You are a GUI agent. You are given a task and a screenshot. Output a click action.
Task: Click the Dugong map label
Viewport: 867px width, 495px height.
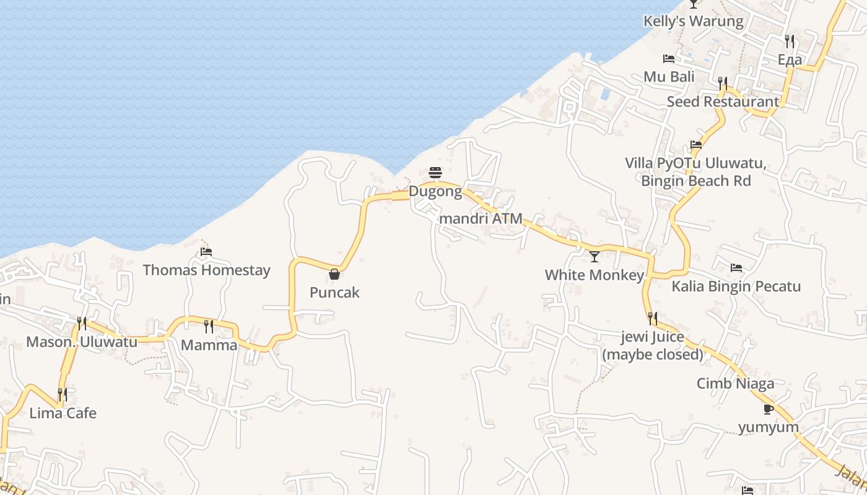pyautogui.click(x=435, y=192)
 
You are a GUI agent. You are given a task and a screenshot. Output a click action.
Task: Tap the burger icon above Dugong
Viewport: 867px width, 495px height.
pyautogui.click(x=435, y=172)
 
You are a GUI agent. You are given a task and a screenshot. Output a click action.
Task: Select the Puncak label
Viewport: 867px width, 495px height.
pyautogui.click(x=334, y=293)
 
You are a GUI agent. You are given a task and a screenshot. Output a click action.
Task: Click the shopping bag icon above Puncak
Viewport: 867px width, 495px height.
pyautogui.click(x=334, y=274)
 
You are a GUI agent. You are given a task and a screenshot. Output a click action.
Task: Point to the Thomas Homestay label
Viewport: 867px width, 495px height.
pyautogui.click(x=206, y=270)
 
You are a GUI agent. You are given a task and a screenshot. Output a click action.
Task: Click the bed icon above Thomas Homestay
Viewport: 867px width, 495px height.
pyautogui.click(x=206, y=252)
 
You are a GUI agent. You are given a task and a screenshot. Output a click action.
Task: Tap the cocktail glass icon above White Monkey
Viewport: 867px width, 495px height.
pyautogui.click(x=595, y=256)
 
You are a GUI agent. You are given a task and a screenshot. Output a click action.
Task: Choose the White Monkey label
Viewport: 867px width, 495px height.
pyautogui.click(x=595, y=275)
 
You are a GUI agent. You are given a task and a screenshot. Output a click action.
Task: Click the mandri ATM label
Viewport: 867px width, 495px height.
pyautogui.click(x=481, y=218)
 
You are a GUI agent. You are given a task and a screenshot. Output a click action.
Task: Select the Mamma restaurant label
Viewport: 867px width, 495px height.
pyautogui.click(x=209, y=345)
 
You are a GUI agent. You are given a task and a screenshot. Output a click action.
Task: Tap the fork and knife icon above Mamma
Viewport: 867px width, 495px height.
pyautogui.click(x=209, y=326)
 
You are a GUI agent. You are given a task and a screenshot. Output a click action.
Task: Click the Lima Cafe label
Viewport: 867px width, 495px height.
pyautogui.click(x=63, y=413)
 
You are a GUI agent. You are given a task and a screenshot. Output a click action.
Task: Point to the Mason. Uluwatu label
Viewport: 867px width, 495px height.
pyautogui.click(x=82, y=342)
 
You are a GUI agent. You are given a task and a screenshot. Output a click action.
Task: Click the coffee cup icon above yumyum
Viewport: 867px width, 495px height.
pyautogui.click(x=769, y=409)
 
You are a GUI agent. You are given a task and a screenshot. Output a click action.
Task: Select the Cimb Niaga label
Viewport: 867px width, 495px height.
pyautogui.click(x=735, y=384)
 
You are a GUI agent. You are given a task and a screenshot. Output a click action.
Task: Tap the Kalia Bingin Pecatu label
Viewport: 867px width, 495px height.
pyautogui.click(x=736, y=286)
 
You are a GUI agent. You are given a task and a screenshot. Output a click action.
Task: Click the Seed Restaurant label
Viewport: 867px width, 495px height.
pyautogui.click(x=723, y=101)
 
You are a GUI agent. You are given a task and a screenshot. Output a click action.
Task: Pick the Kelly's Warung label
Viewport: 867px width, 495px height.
pyautogui.click(x=693, y=21)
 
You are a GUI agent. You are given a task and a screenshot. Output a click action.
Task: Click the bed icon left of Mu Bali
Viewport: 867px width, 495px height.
pyautogui.click(x=669, y=59)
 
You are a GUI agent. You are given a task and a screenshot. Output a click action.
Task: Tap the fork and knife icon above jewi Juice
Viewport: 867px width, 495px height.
pyautogui.click(x=653, y=319)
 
